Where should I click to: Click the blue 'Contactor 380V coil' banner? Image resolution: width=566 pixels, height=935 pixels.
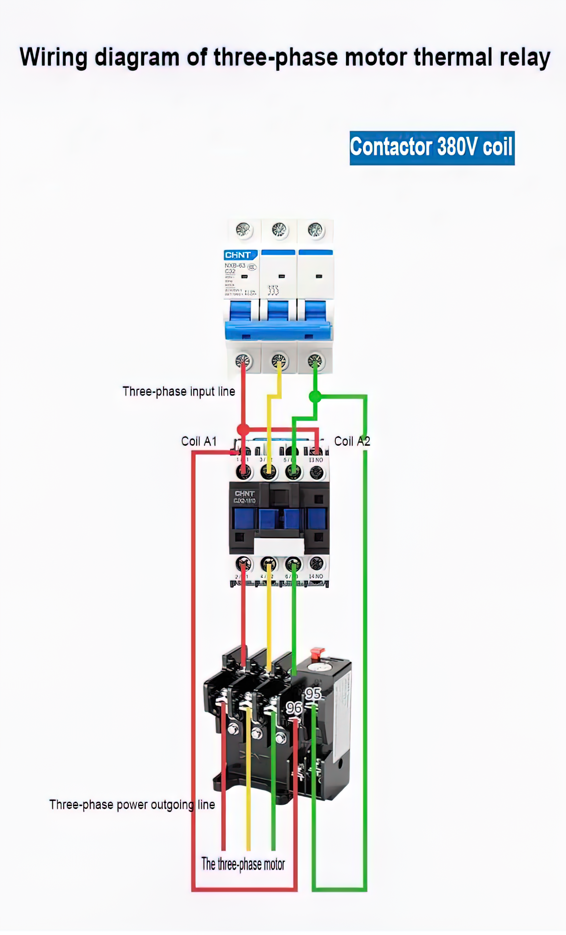432,148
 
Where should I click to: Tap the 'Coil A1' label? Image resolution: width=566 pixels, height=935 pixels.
199,441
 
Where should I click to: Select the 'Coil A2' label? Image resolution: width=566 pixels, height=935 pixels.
352,441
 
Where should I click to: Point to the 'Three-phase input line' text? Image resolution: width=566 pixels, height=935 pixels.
178,391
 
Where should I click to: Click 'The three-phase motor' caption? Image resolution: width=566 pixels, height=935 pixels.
243,864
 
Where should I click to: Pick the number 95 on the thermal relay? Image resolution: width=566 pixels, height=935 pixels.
313,694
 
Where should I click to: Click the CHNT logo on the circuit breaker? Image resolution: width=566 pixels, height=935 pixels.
238,255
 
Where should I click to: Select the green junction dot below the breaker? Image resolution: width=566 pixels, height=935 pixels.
315,397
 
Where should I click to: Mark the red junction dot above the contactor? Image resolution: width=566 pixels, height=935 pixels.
243,430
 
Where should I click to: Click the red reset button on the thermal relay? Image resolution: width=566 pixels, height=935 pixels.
317,654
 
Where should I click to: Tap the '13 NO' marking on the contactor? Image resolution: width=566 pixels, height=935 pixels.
316,460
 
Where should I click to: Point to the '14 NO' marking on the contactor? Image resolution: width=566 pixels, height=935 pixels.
316,576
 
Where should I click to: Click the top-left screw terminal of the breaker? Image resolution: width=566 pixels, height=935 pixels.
243,230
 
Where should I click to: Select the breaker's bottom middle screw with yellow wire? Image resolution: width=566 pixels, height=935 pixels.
279,360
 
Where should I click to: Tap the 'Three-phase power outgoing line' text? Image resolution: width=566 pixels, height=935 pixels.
132,804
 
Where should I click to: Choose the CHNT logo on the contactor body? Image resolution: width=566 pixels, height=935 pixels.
244,493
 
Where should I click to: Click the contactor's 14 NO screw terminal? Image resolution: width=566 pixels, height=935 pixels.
316,564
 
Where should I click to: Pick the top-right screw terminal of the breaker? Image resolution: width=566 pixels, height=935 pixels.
315,230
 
